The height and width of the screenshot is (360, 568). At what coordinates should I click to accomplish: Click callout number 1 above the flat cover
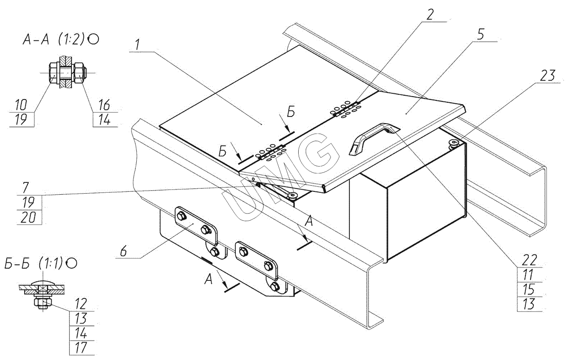click(x=136, y=45)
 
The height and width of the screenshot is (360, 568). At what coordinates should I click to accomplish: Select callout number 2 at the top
click(x=429, y=14)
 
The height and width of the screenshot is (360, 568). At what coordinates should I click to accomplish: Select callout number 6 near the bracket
click(x=123, y=252)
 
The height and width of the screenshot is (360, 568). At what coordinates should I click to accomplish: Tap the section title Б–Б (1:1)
click(x=41, y=263)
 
